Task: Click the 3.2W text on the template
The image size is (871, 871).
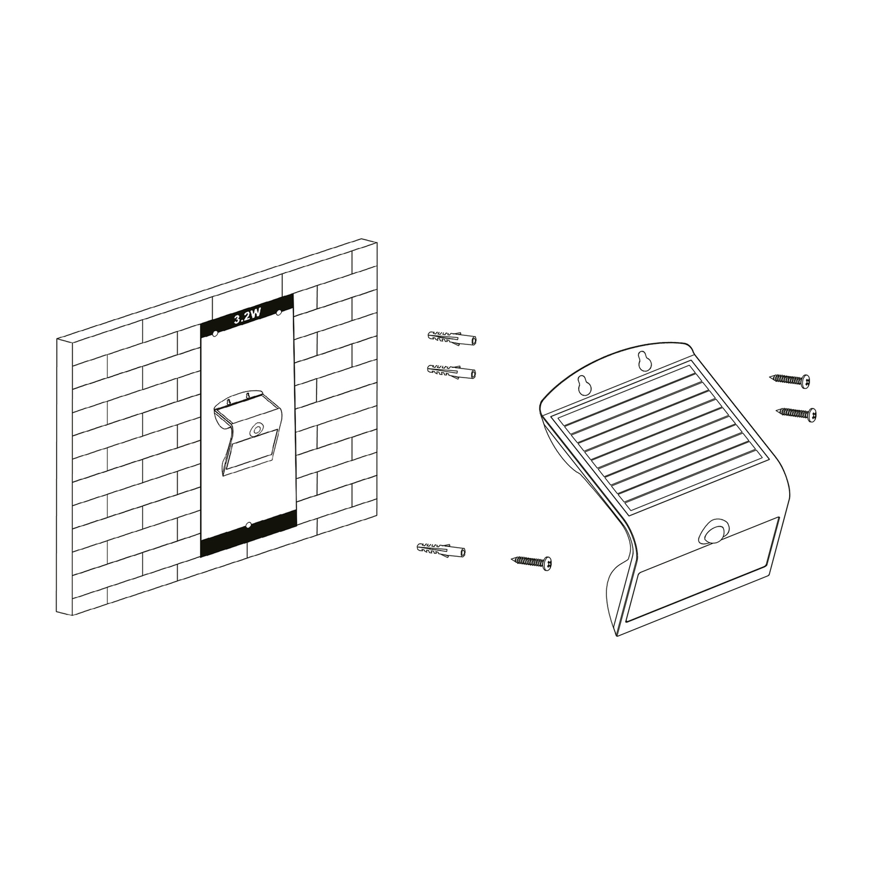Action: coord(247,318)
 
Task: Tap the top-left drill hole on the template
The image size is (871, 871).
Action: coord(215,334)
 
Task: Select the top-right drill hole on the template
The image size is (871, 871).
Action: coord(278,312)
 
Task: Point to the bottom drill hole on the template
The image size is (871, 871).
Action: coord(248,525)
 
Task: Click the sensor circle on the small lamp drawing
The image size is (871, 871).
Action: coord(257,429)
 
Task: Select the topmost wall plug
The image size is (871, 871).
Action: coord(451,338)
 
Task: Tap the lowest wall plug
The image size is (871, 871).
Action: coord(441,549)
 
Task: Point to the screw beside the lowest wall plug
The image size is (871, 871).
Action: coord(532,562)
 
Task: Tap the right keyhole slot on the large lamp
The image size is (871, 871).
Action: coord(643,360)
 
